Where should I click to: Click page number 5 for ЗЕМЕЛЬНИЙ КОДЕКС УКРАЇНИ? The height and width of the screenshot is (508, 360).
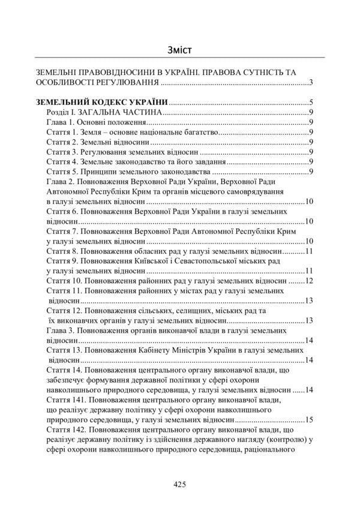(312, 102)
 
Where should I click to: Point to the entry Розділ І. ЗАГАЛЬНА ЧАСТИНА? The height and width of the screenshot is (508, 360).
(104, 112)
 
